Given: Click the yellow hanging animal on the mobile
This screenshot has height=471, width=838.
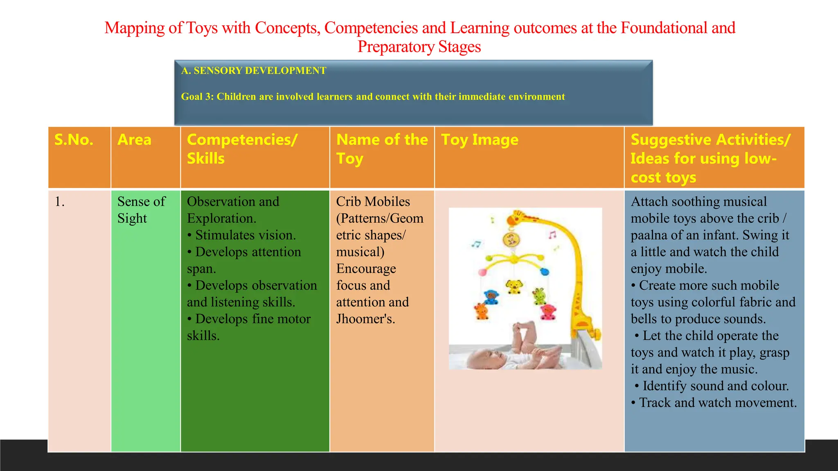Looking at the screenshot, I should [x=514, y=286].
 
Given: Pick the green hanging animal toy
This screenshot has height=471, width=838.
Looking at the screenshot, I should [x=539, y=296].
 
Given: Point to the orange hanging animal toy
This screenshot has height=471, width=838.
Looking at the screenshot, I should [x=481, y=311].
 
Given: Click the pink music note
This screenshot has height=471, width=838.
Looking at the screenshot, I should [x=552, y=235].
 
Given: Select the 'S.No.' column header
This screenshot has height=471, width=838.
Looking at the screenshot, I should [x=74, y=140].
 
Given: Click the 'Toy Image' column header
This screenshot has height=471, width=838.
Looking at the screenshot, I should [x=480, y=140].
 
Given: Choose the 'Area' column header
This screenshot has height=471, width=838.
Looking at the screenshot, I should [x=134, y=140].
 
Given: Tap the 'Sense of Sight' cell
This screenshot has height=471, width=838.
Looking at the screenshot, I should [x=141, y=210].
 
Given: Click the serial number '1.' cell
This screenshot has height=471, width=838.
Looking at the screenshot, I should [x=60, y=202].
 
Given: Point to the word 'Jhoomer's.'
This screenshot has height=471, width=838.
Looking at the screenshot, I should [x=365, y=319].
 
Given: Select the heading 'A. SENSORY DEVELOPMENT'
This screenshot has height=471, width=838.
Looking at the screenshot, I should [x=254, y=71].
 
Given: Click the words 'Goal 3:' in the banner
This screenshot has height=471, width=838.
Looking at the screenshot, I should [x=197, y=97].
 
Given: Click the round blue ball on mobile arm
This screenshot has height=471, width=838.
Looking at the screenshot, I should [x=544, y=271].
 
